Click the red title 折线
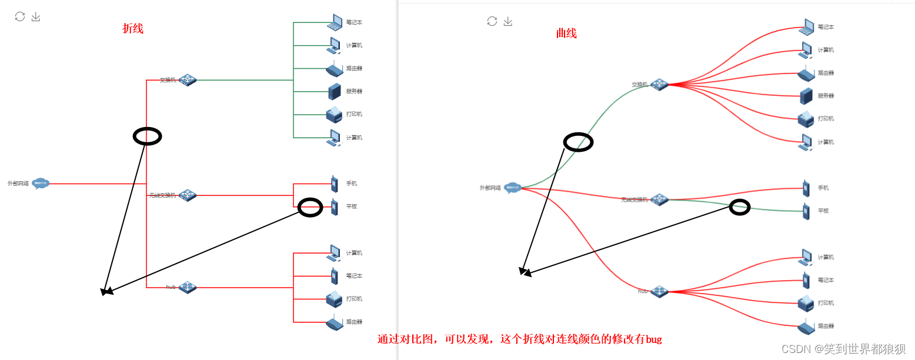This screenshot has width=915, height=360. pyautogui.click(x=132, y=29)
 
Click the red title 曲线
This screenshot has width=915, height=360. pyautogui.click(x=566, y=34)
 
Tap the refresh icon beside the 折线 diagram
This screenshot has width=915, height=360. pyautogui.click(x=20, y=16)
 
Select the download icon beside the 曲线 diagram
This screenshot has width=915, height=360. pyautogui.click(x=508, y=22)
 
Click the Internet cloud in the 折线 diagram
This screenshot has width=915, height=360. pyautogui.click(x=40, y=184)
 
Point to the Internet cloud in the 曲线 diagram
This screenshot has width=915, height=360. pyautogui.click(x=512, y=188)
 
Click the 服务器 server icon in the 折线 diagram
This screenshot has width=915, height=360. pyautogui.click(x=335, y=91)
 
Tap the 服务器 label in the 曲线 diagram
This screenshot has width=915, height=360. pyautogui.click(x=826, y=96)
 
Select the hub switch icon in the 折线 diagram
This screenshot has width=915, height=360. pyautogui.click(x=187, y=287)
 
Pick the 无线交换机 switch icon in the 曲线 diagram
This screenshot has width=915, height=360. pyautogui.click(x=659, y=199)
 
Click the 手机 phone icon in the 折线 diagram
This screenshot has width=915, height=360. pyautogui.click(x=334, y=184)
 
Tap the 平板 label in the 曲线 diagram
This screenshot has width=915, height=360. pyautogui.click(x=823, y=211)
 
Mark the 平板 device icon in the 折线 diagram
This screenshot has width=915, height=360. pyautogui.click(x=334, y=207)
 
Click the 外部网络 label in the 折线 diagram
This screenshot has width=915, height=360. pyautogui.click(x=18, y=184)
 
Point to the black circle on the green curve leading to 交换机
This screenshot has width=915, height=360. pyautogui.click(x=578, y=142)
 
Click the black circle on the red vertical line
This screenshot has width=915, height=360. pyautogui.click(x=147, y=136)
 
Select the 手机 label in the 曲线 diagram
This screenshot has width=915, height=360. pyautogui.click(x=823, y=188)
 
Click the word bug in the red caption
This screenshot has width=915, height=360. pyautogui.click(x=654, y=339)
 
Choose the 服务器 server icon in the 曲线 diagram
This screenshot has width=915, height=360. pyautogui.click(x=806, y=96)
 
